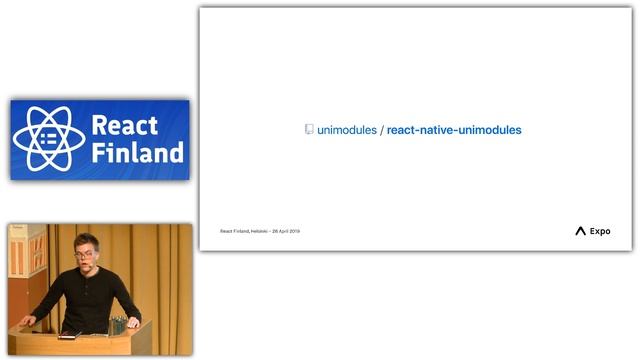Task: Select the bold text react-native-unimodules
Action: coord(454,130)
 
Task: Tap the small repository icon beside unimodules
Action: coord(309,130)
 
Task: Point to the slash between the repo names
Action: coord(382,130)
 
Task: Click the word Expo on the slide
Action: coord(600,231)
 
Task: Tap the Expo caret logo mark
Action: coord(580,231)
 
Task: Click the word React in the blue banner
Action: coord(125,126)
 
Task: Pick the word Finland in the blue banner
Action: coord(137,153)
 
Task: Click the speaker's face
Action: coord(86,256)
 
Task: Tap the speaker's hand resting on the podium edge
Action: coord(30,322)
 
